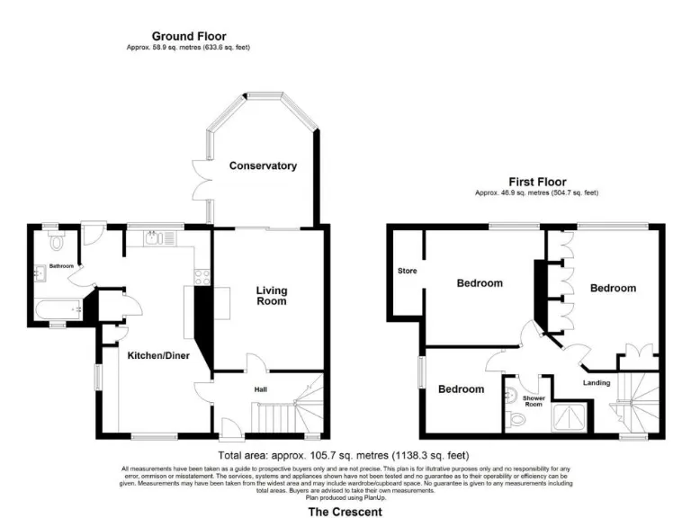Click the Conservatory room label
click(x=263, y=165)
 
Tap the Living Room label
click(x=271, y=295)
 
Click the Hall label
click(x=260, y=389)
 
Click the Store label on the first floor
click(x=407, y=270)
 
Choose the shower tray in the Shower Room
click(x=568, y=415)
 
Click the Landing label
click(x=596, y=383)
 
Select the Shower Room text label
click(x=532, y=400)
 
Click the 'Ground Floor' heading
click(x=189, y=36)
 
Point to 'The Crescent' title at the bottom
click(x=345, y=512)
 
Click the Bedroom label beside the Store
click(x=480, y=283)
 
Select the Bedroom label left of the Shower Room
click(x=462, y=389)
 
